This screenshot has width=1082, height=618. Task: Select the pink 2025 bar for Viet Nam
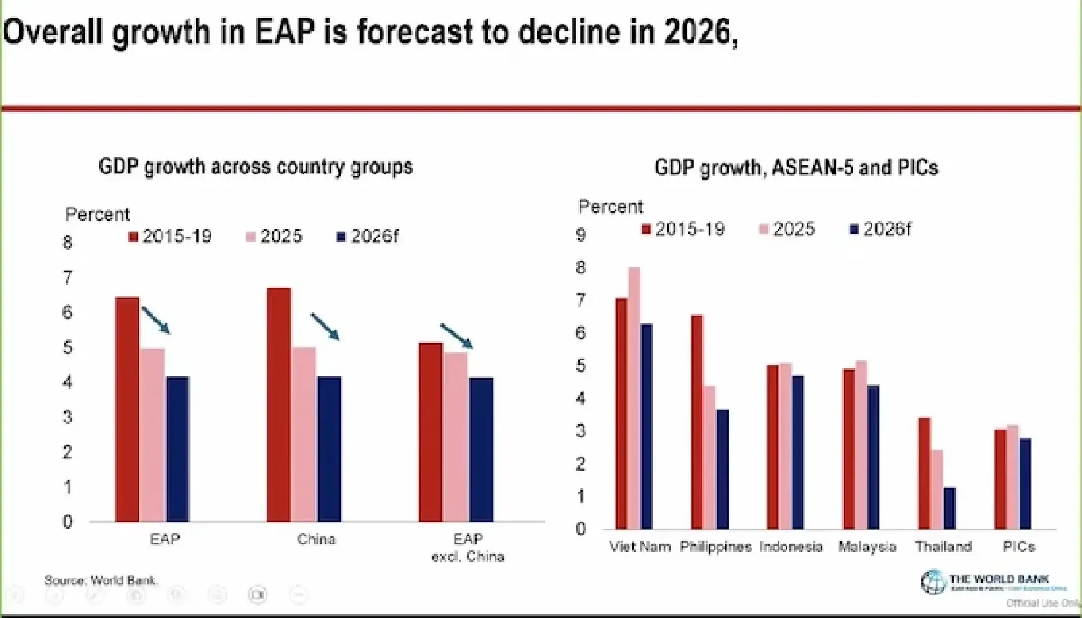pyautogui.click(x=634, y=398)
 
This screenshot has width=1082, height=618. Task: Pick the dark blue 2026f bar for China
pyautogui.click(x=329, y=449)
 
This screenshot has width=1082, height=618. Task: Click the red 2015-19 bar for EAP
pyautogui.click(x=127, y=409)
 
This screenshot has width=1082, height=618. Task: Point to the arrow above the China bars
pyautogui.click(x=325, y=326)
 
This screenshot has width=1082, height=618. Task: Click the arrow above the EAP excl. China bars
pyautogui.click(x=456, y=336)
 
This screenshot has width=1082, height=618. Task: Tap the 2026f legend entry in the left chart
pyautogui.click(x=368, y=236)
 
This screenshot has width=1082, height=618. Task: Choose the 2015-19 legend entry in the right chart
pyautogui.click(x=683, y=229)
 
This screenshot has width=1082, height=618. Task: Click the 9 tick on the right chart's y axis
pyautogui.click(x=580, y=235)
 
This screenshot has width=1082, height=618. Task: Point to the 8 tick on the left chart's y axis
pyautogui.click(x=67, y=242)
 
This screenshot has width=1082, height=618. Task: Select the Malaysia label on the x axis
pyautogui.click(x=867, y=547)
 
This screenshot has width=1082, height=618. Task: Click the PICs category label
pyautogui.click(x=1019, y=547)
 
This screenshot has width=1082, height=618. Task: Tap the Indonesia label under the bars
pyautogui.click(x=791, y=547)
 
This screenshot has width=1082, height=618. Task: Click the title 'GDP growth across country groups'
pyautogui.click(x=255, y=167)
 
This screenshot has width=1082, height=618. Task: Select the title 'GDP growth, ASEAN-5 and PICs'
pyautogui.click(x=796, y=168)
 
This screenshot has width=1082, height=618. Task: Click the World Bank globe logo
pyautogui.click(x=933, y=582)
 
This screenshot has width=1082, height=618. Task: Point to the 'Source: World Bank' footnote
pyautogui.click(x=101, y=581)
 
